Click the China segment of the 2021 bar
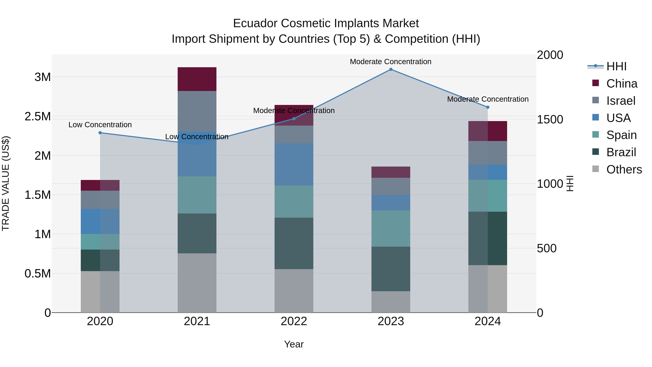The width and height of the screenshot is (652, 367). point(197,79)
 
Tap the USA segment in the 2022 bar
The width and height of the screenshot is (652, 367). point(294,164)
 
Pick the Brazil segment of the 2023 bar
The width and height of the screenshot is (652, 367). point(390,269)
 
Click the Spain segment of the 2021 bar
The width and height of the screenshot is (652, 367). point(197,195)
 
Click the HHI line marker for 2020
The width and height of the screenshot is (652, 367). point(100,133)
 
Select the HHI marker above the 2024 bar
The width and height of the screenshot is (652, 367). point(488,107)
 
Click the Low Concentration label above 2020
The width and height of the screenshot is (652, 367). point(100,125)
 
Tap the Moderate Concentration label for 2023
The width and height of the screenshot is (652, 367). point(390,62)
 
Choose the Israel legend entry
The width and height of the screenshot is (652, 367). point(621,101)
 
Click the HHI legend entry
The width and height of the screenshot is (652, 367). point(616,66)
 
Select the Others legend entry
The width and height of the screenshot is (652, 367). point(624,169)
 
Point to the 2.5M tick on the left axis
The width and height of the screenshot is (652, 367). point(37,116)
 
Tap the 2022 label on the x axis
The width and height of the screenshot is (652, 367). point(294,321)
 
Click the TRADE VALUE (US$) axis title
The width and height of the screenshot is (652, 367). point(6,183)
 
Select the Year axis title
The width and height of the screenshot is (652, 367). point(294,344)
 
